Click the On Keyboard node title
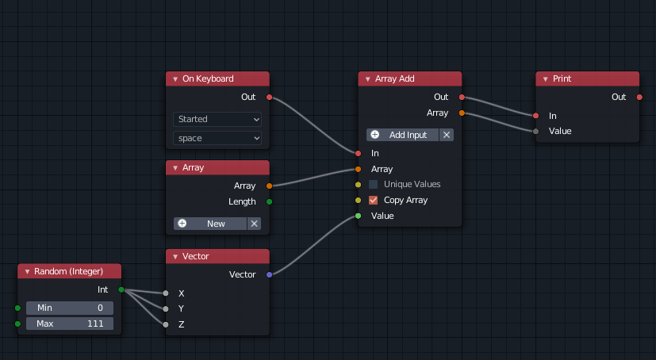click(x=208, y=79)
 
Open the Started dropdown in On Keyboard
click(x=217, y=119)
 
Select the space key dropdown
click(x=217, y=138)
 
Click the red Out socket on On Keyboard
click(x=269, y=97)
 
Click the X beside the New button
click(x=255, y=224)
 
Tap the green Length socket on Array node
click(x=269, y=201)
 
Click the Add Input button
click(x=403, y=135)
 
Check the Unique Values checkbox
click(x=374, y=184)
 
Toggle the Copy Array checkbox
click(x=374, y=200)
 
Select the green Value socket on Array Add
click(x=358, y=216)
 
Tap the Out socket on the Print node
click(x=639, y=97)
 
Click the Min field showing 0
click(x=70, y=308)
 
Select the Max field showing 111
click(x=70, y=324)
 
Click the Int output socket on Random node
click(x=121, y=289)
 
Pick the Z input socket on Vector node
click(x=166, y=324)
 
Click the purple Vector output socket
click(x=269, y=274)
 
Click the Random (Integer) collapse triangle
click(x=27, y=272)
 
